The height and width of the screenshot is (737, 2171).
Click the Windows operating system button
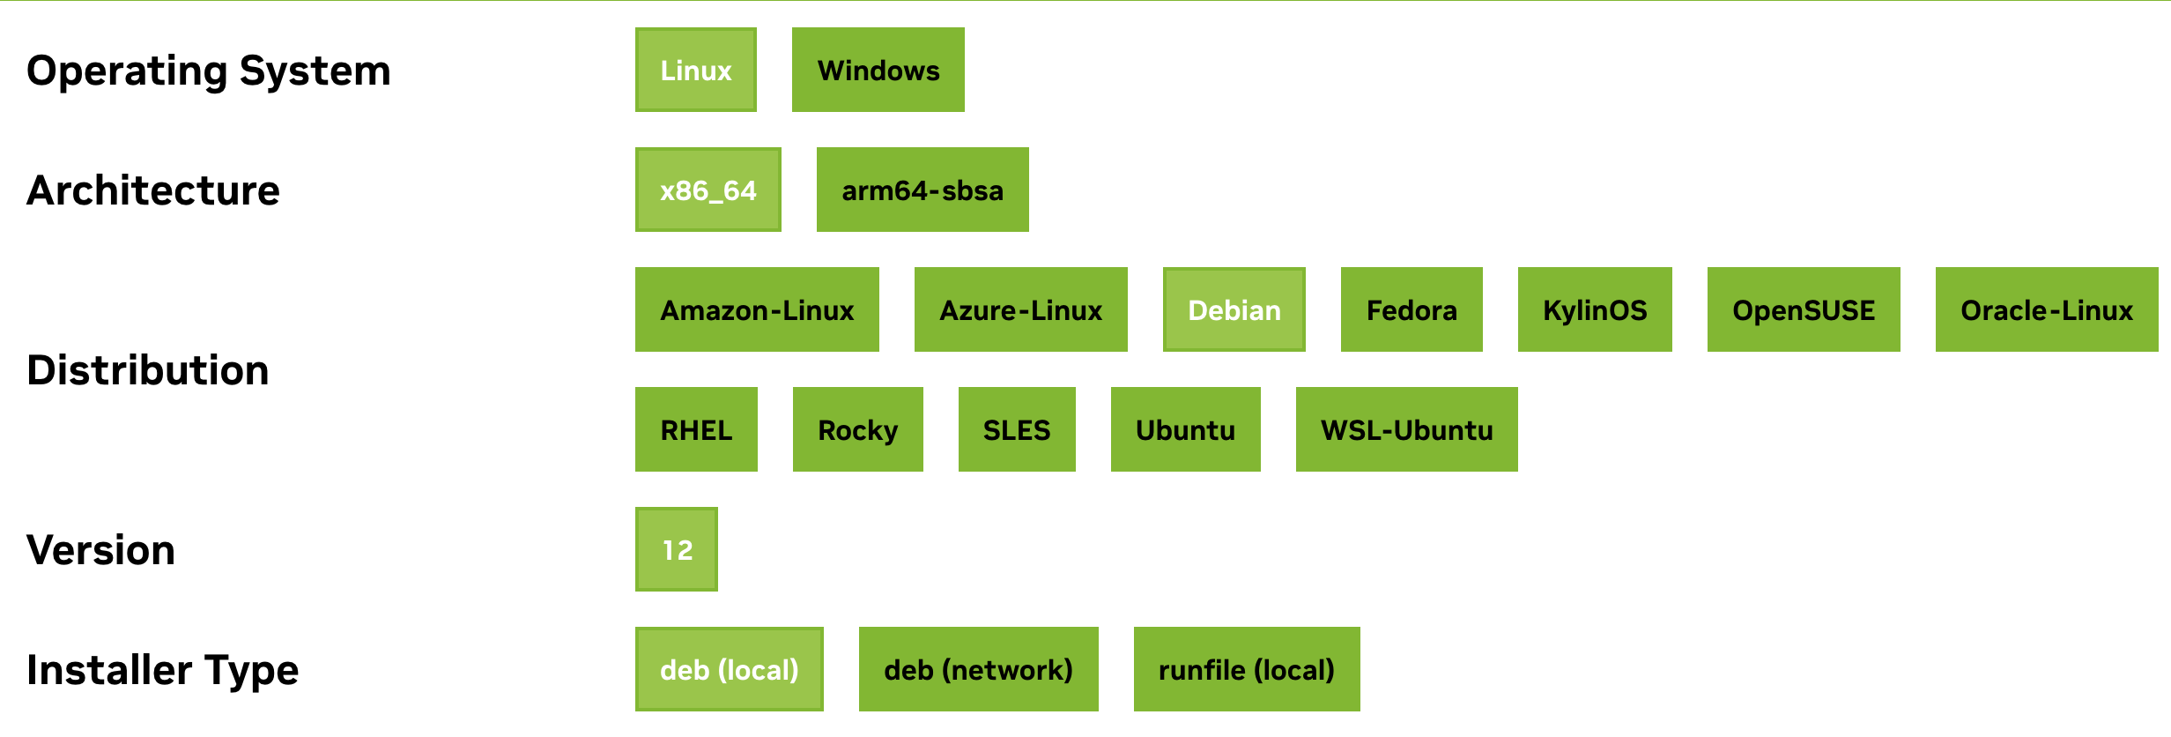pos(878,71)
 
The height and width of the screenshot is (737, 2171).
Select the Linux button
pos(695,71)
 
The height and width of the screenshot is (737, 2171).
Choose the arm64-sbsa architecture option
pos(922,190)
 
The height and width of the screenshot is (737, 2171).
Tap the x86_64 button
pos(708,190)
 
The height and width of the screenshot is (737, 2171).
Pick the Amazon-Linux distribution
pos(757,310)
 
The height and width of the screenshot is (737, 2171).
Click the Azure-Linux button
pos(1020,310)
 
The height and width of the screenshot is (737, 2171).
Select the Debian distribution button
pos(1234,310)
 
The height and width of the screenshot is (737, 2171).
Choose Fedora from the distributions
pos(1411,310)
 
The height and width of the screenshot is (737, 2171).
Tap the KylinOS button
pos(1594,310)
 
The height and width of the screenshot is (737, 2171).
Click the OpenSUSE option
pos(1803,310)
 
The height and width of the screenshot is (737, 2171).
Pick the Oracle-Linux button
pos(2046,310)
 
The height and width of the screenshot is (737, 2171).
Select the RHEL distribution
pos(696,430)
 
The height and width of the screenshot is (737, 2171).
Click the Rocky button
pos(857,430)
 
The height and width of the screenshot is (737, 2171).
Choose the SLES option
pos(1016,430)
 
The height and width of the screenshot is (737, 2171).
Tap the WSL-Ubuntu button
pos(1406,430)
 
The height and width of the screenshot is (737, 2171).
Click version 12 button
pos(677,550)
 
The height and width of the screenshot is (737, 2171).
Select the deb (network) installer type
pos(978,670)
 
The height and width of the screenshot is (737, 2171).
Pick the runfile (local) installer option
pos(1246,670)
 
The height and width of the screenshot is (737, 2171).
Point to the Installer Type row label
pos(163,670)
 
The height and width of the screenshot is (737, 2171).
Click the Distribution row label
pos(148,370)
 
